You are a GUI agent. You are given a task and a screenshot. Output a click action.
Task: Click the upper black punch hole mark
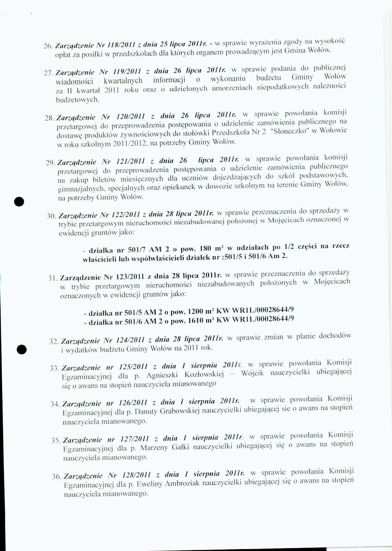pos(19,201)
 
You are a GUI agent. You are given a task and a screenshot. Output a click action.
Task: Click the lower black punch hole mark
pos(22,349)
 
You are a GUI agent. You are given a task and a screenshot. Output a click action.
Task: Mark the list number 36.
pos(57,477)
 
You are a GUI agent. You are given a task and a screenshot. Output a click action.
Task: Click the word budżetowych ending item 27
pos(78,100)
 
